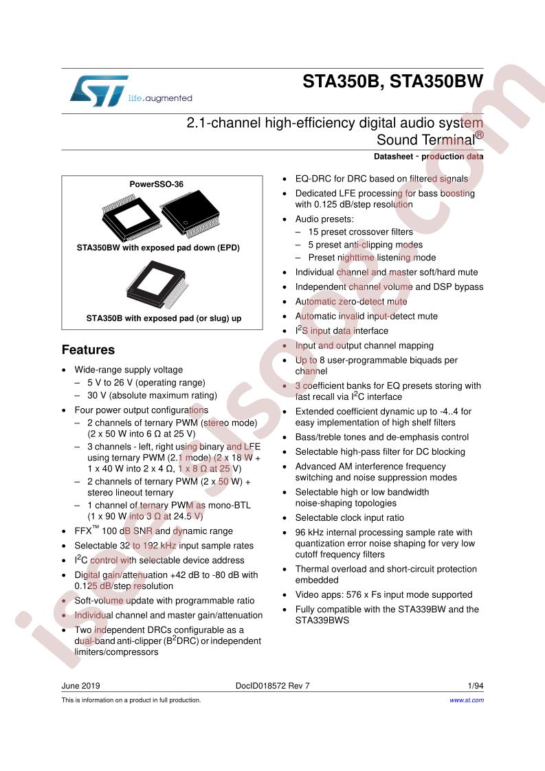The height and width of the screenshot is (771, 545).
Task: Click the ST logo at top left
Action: (x=99, y=91)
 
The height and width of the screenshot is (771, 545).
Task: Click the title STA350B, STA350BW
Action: (x=392, y=82)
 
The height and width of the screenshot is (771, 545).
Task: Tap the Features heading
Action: (x=88, y=350)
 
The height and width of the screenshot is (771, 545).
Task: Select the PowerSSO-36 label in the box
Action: (x=157, y=184)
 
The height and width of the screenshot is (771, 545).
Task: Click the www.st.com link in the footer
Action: (x=466, y=700)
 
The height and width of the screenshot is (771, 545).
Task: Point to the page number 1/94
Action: (x=476, y=685)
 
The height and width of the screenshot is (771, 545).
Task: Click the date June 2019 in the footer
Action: (x=80, y=685)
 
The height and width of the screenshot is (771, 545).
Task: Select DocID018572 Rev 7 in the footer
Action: (x=272, y=685)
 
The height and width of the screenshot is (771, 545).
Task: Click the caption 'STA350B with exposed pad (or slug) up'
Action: (x=164, y=318)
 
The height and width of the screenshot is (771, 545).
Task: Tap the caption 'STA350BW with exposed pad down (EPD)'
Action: (x=158, y=248)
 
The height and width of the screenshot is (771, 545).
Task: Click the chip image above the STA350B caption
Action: (x=157, y=284)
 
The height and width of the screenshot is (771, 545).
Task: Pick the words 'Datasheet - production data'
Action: (x=428, y=157)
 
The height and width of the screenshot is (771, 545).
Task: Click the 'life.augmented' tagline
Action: (x=160, y=98)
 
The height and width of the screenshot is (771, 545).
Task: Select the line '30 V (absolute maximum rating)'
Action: (x=152, y=395)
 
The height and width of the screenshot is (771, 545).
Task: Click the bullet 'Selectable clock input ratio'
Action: (x=349, y=517)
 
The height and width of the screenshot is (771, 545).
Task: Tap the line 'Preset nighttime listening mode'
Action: (x=372, y=258)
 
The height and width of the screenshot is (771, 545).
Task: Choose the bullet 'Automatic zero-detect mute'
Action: (x=351, y=302)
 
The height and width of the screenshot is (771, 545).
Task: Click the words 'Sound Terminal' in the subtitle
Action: (x=426, y=139)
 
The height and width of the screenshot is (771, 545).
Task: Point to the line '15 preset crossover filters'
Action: (x=361, y=232)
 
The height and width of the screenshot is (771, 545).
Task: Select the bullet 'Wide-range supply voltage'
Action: (x=129, y=370)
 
